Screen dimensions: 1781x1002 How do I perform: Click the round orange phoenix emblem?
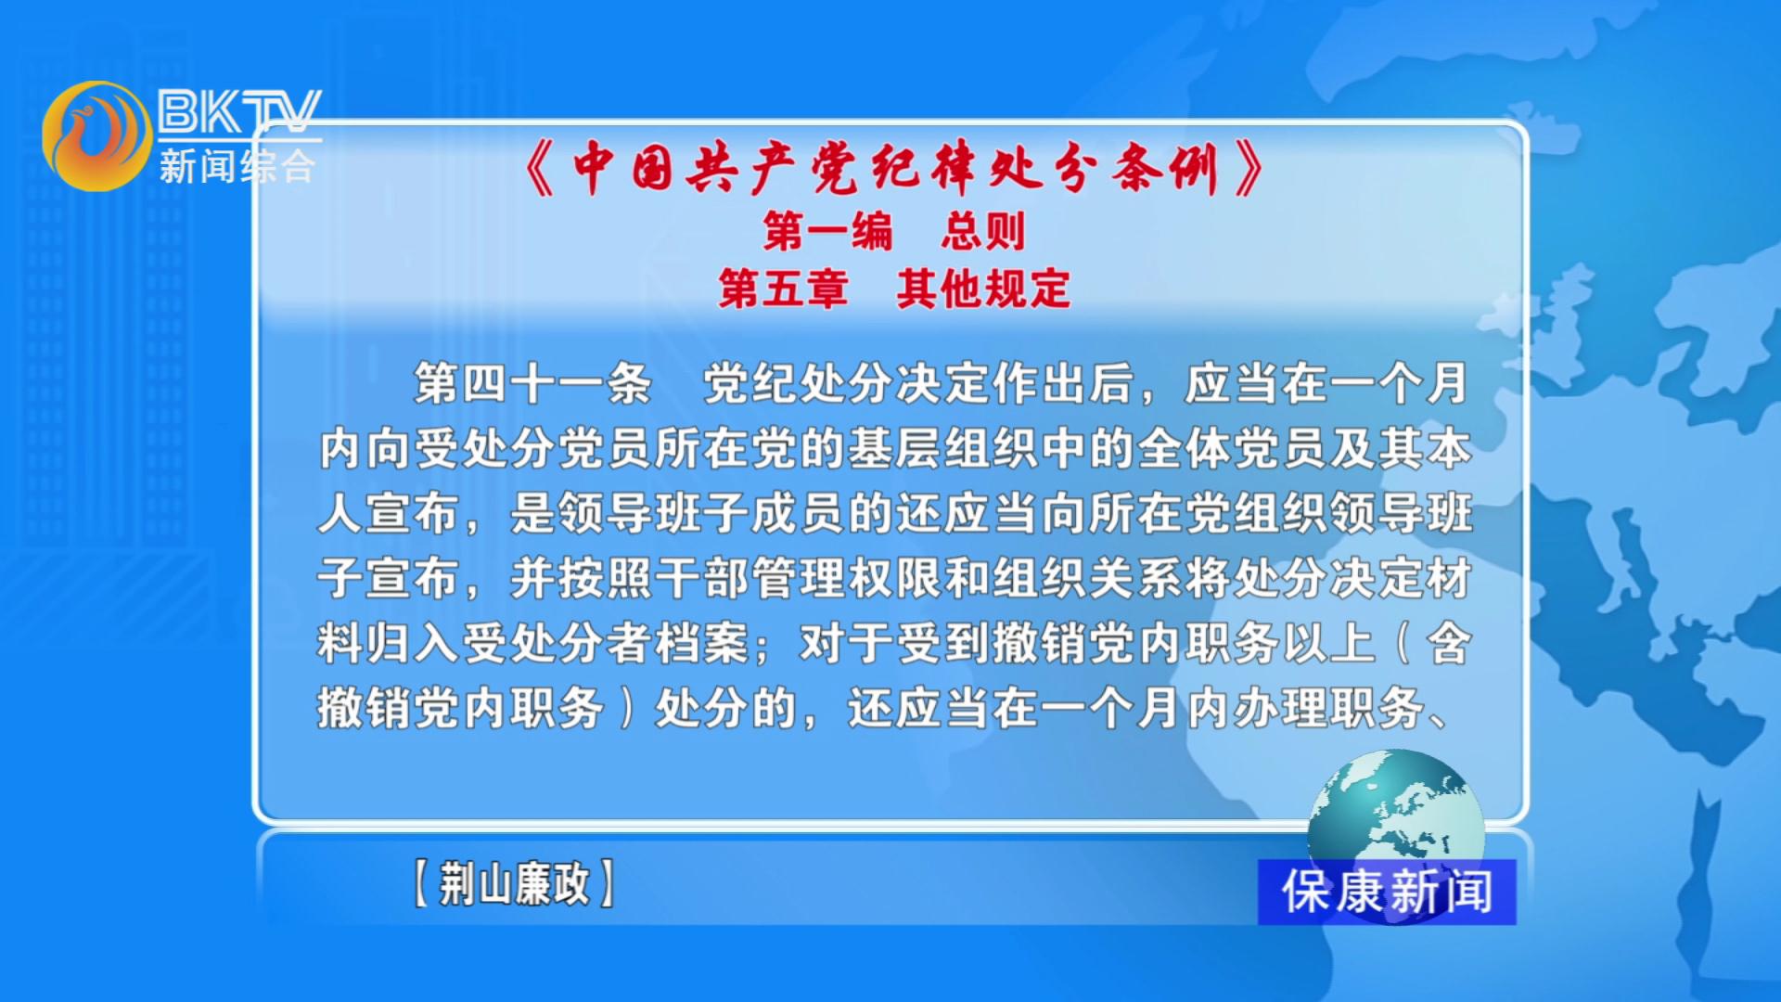(96, 135)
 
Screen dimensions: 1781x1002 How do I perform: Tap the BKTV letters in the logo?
(239, 112)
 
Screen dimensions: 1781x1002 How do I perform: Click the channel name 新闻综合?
(237, 167)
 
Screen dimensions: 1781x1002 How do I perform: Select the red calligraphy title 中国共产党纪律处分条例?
(894, 169)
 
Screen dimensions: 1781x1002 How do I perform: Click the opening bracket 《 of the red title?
(541, 169)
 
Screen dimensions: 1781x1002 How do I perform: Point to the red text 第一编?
(827, 231)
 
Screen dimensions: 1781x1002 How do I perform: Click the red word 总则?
(983, 231)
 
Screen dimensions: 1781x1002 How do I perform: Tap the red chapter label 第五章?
(783, 289)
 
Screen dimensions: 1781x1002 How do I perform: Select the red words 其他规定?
(983, 289)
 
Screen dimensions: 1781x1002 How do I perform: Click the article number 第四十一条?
(532, 383)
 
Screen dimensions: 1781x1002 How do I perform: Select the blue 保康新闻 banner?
(1387, 892)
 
